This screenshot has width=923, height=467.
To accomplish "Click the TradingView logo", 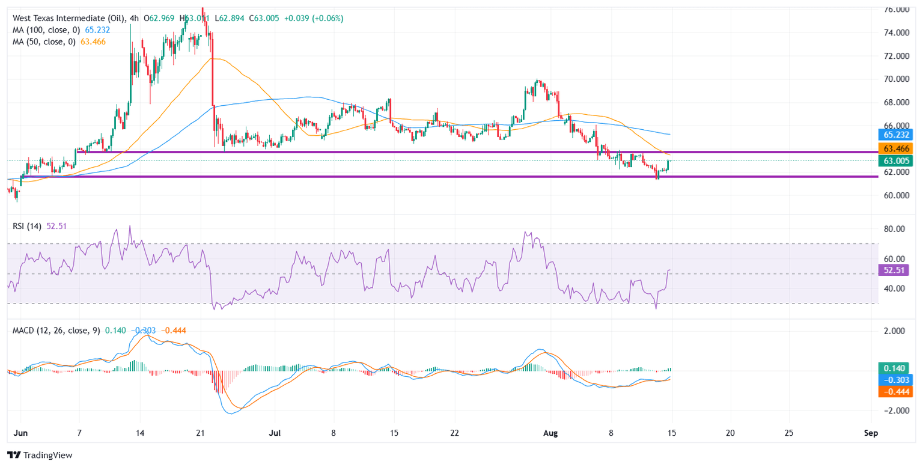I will tap(40, 455).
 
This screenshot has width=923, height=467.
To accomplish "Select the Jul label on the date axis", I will tap(274, 433).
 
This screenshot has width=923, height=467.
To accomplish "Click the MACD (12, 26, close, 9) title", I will tap(54, 330).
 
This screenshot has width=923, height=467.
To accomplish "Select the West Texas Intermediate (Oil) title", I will tap(66, 18).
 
